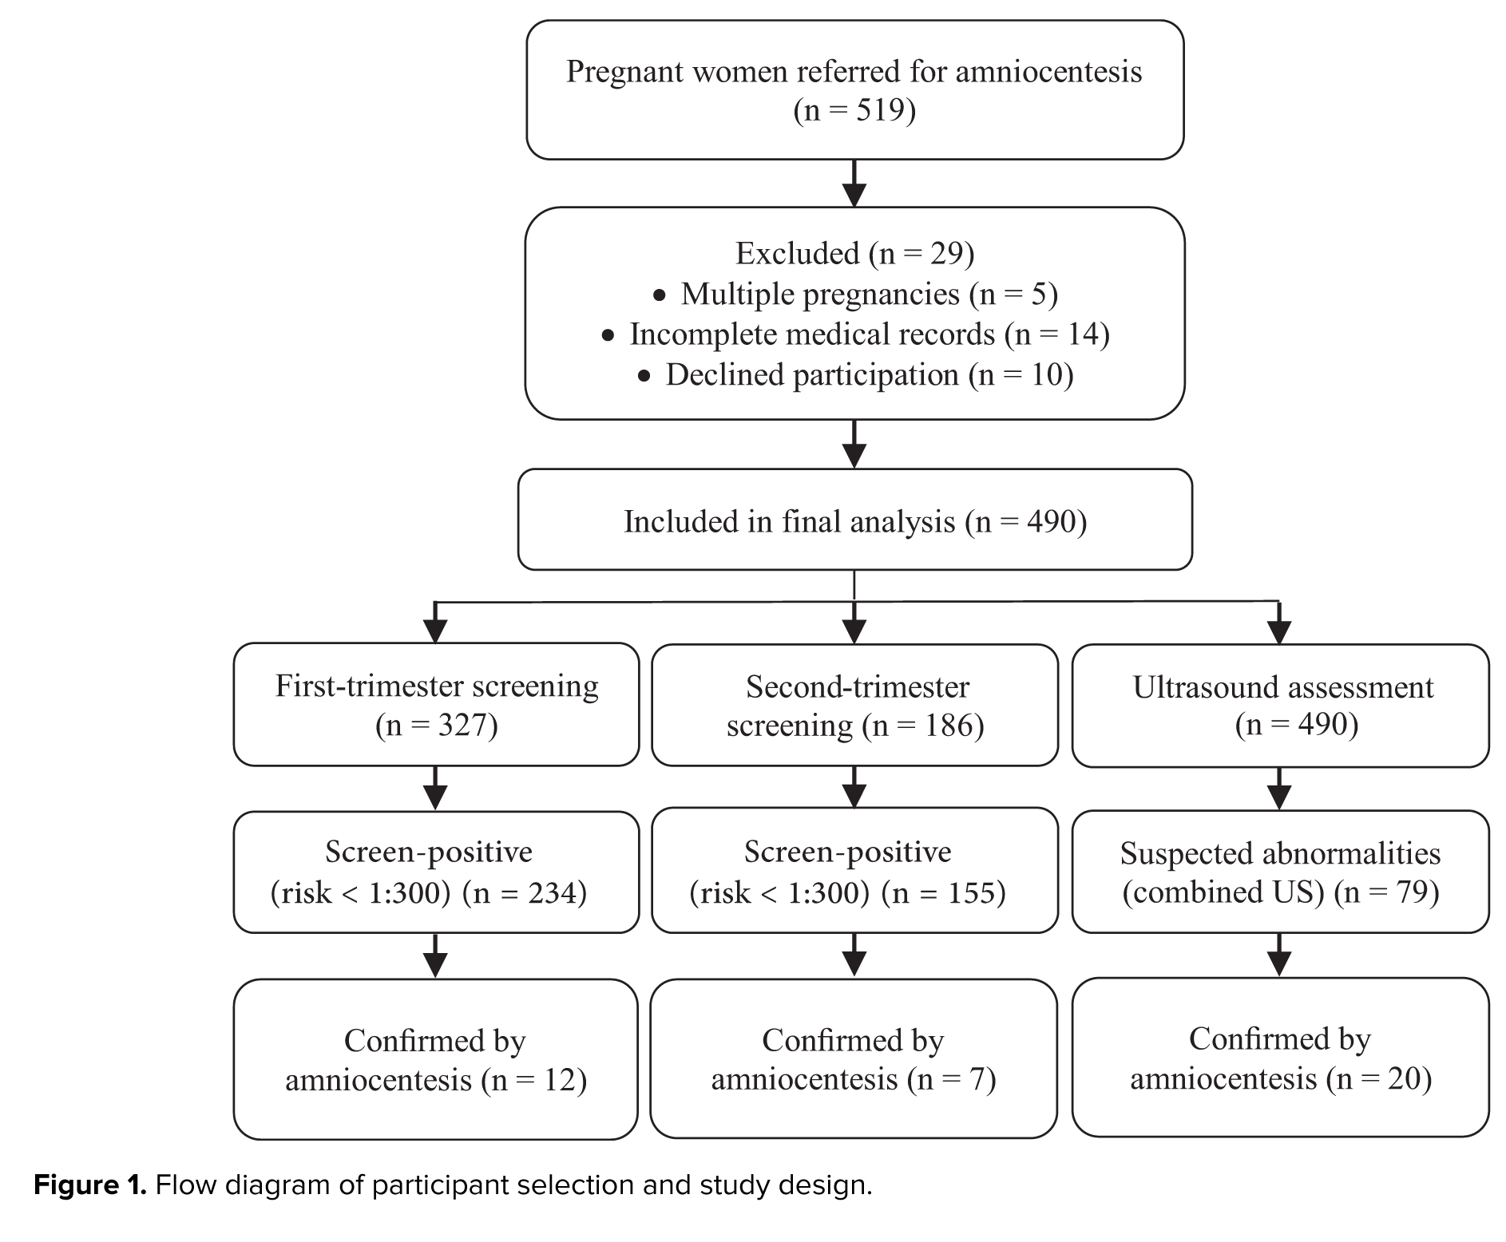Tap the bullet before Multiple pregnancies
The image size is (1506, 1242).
point(659,296)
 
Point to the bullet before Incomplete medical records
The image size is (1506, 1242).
point(608,336)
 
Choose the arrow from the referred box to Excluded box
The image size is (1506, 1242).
point(854,184)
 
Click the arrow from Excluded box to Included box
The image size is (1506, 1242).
point(854,444)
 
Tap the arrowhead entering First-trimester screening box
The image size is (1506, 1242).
point(434,632)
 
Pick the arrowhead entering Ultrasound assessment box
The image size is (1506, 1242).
point(1279,633)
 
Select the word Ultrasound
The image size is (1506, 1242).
point(1206,686)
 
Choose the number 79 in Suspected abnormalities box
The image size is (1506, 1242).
point(1413,892)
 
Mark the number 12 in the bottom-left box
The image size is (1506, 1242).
point(559,1080)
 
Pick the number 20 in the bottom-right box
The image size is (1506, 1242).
point(1405,1078)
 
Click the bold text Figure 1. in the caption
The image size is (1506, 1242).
point(90,1185)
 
